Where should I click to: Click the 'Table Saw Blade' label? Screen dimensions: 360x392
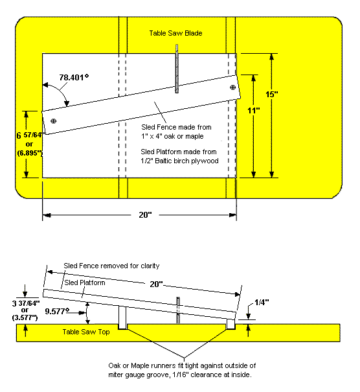(x=175, y=33)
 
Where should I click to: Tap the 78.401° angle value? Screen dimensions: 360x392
(x=74, y=77)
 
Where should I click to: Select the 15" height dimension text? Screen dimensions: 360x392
(x=272, y=94)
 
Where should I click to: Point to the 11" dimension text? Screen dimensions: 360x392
(x=254, y=110)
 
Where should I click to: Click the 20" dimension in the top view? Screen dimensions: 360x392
(x=145, y=214)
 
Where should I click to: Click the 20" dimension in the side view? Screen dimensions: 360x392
(x=156, y=284)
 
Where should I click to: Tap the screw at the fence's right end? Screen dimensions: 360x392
(x=232, y=87)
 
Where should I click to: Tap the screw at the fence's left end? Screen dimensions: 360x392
(x=54, y=121)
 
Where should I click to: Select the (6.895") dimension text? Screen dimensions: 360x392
(x=30, y=153)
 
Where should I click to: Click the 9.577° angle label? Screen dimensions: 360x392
(x=57, y=311)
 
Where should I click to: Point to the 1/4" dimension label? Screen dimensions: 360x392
(x=262, y=303)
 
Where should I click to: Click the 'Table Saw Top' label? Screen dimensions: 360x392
(x=86, y=332)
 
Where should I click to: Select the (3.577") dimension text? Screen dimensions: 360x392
(x=25, y=317)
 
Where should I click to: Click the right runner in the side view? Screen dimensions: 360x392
(x=231, y=324)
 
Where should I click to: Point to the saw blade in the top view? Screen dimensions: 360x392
(x=177, y=69)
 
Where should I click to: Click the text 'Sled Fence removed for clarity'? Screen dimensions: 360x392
(x=111, y=266)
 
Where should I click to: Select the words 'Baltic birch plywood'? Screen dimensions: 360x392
(x=186, y=161)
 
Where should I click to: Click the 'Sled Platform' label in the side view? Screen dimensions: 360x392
(x=85, y=282)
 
